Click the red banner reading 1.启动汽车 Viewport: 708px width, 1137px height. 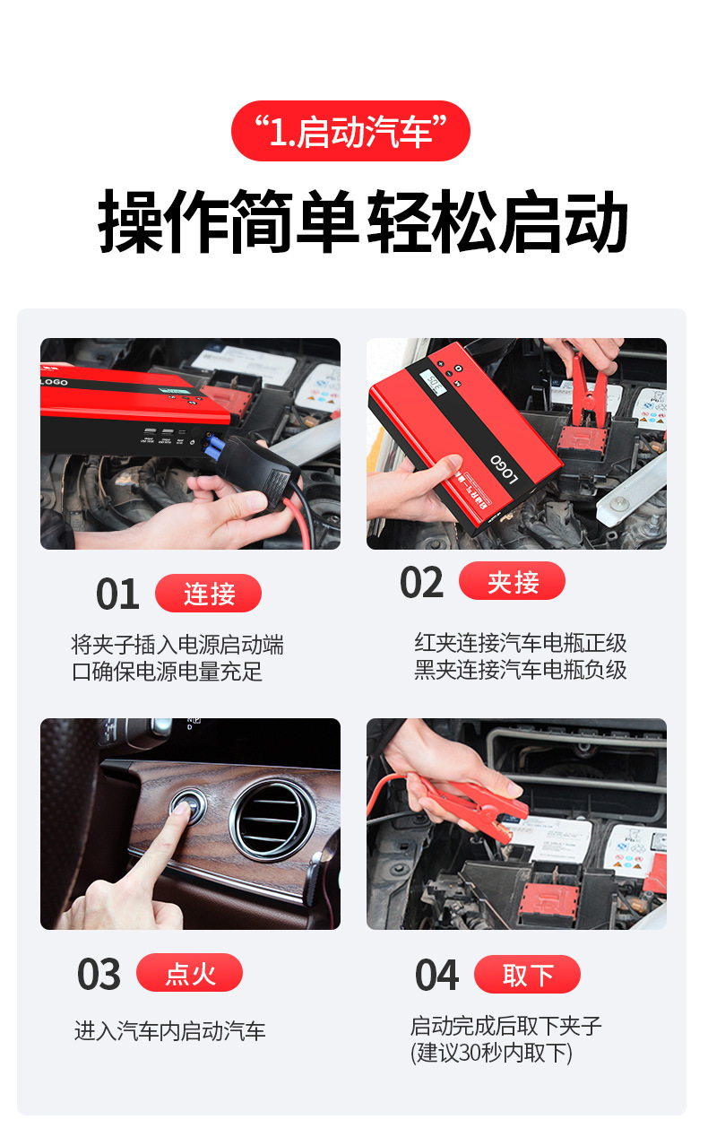coord(350,131)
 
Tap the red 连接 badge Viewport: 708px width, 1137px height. coord(209,593)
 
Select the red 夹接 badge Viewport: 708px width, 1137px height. coord(513,581)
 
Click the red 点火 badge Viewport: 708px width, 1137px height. coord(190,973)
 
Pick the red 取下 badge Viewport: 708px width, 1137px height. coord(528,975)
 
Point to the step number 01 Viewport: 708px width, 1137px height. coord(117,594)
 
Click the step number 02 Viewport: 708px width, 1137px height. coord(421,582)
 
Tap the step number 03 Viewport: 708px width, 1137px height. coord(99,974)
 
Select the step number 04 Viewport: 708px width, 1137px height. coord(436,975)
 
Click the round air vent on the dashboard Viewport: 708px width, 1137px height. coord(272,820)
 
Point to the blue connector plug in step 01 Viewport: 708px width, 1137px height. coord(214,447)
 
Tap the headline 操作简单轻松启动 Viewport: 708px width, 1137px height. coord(363,221)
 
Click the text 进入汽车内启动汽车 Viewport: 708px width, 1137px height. coord(170,1031)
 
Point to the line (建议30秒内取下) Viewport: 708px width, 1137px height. coord(491,1052)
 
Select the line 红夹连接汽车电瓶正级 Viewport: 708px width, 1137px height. coord(521,643)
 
